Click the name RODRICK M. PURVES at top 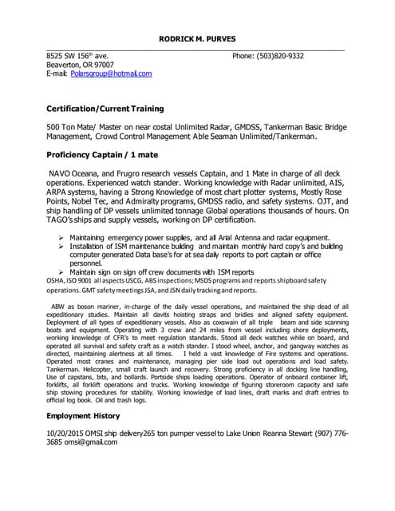[196, 38]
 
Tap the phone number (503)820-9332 [286, 56]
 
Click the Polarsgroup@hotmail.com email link [111, 73]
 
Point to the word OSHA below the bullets [56, 281]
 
